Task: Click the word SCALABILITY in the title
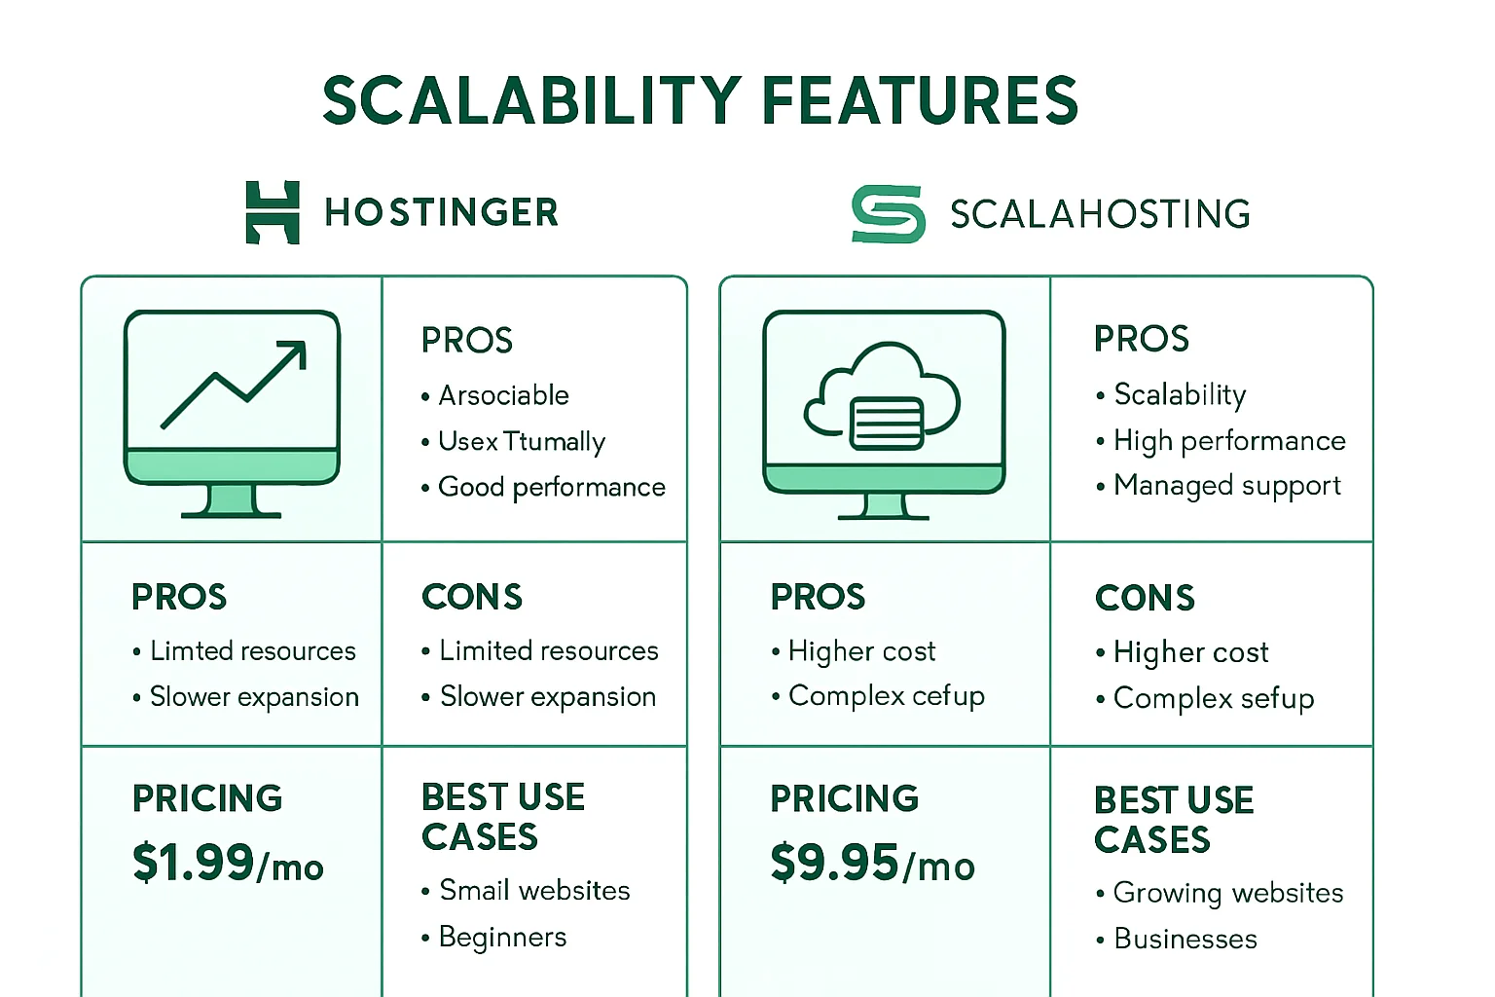[532, 101]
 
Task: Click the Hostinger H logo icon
[273, 212]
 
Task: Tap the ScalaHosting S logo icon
[889, 213]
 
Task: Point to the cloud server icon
[882, 396]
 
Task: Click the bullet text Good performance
[551, 488]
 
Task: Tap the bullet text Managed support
[1227, 486]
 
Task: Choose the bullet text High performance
[1230, 441]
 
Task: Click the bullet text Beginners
[502, 937]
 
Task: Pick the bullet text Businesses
[1185, 939]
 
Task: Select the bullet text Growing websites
[1228, 893]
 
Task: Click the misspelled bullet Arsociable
[503, 395]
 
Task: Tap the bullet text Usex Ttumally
[522, 442]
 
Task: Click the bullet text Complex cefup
[887, 696]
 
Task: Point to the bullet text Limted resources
[253, 651]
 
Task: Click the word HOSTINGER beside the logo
[441, 212]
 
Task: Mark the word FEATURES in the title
[919, 101]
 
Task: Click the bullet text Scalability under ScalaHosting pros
[1180, 394]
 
